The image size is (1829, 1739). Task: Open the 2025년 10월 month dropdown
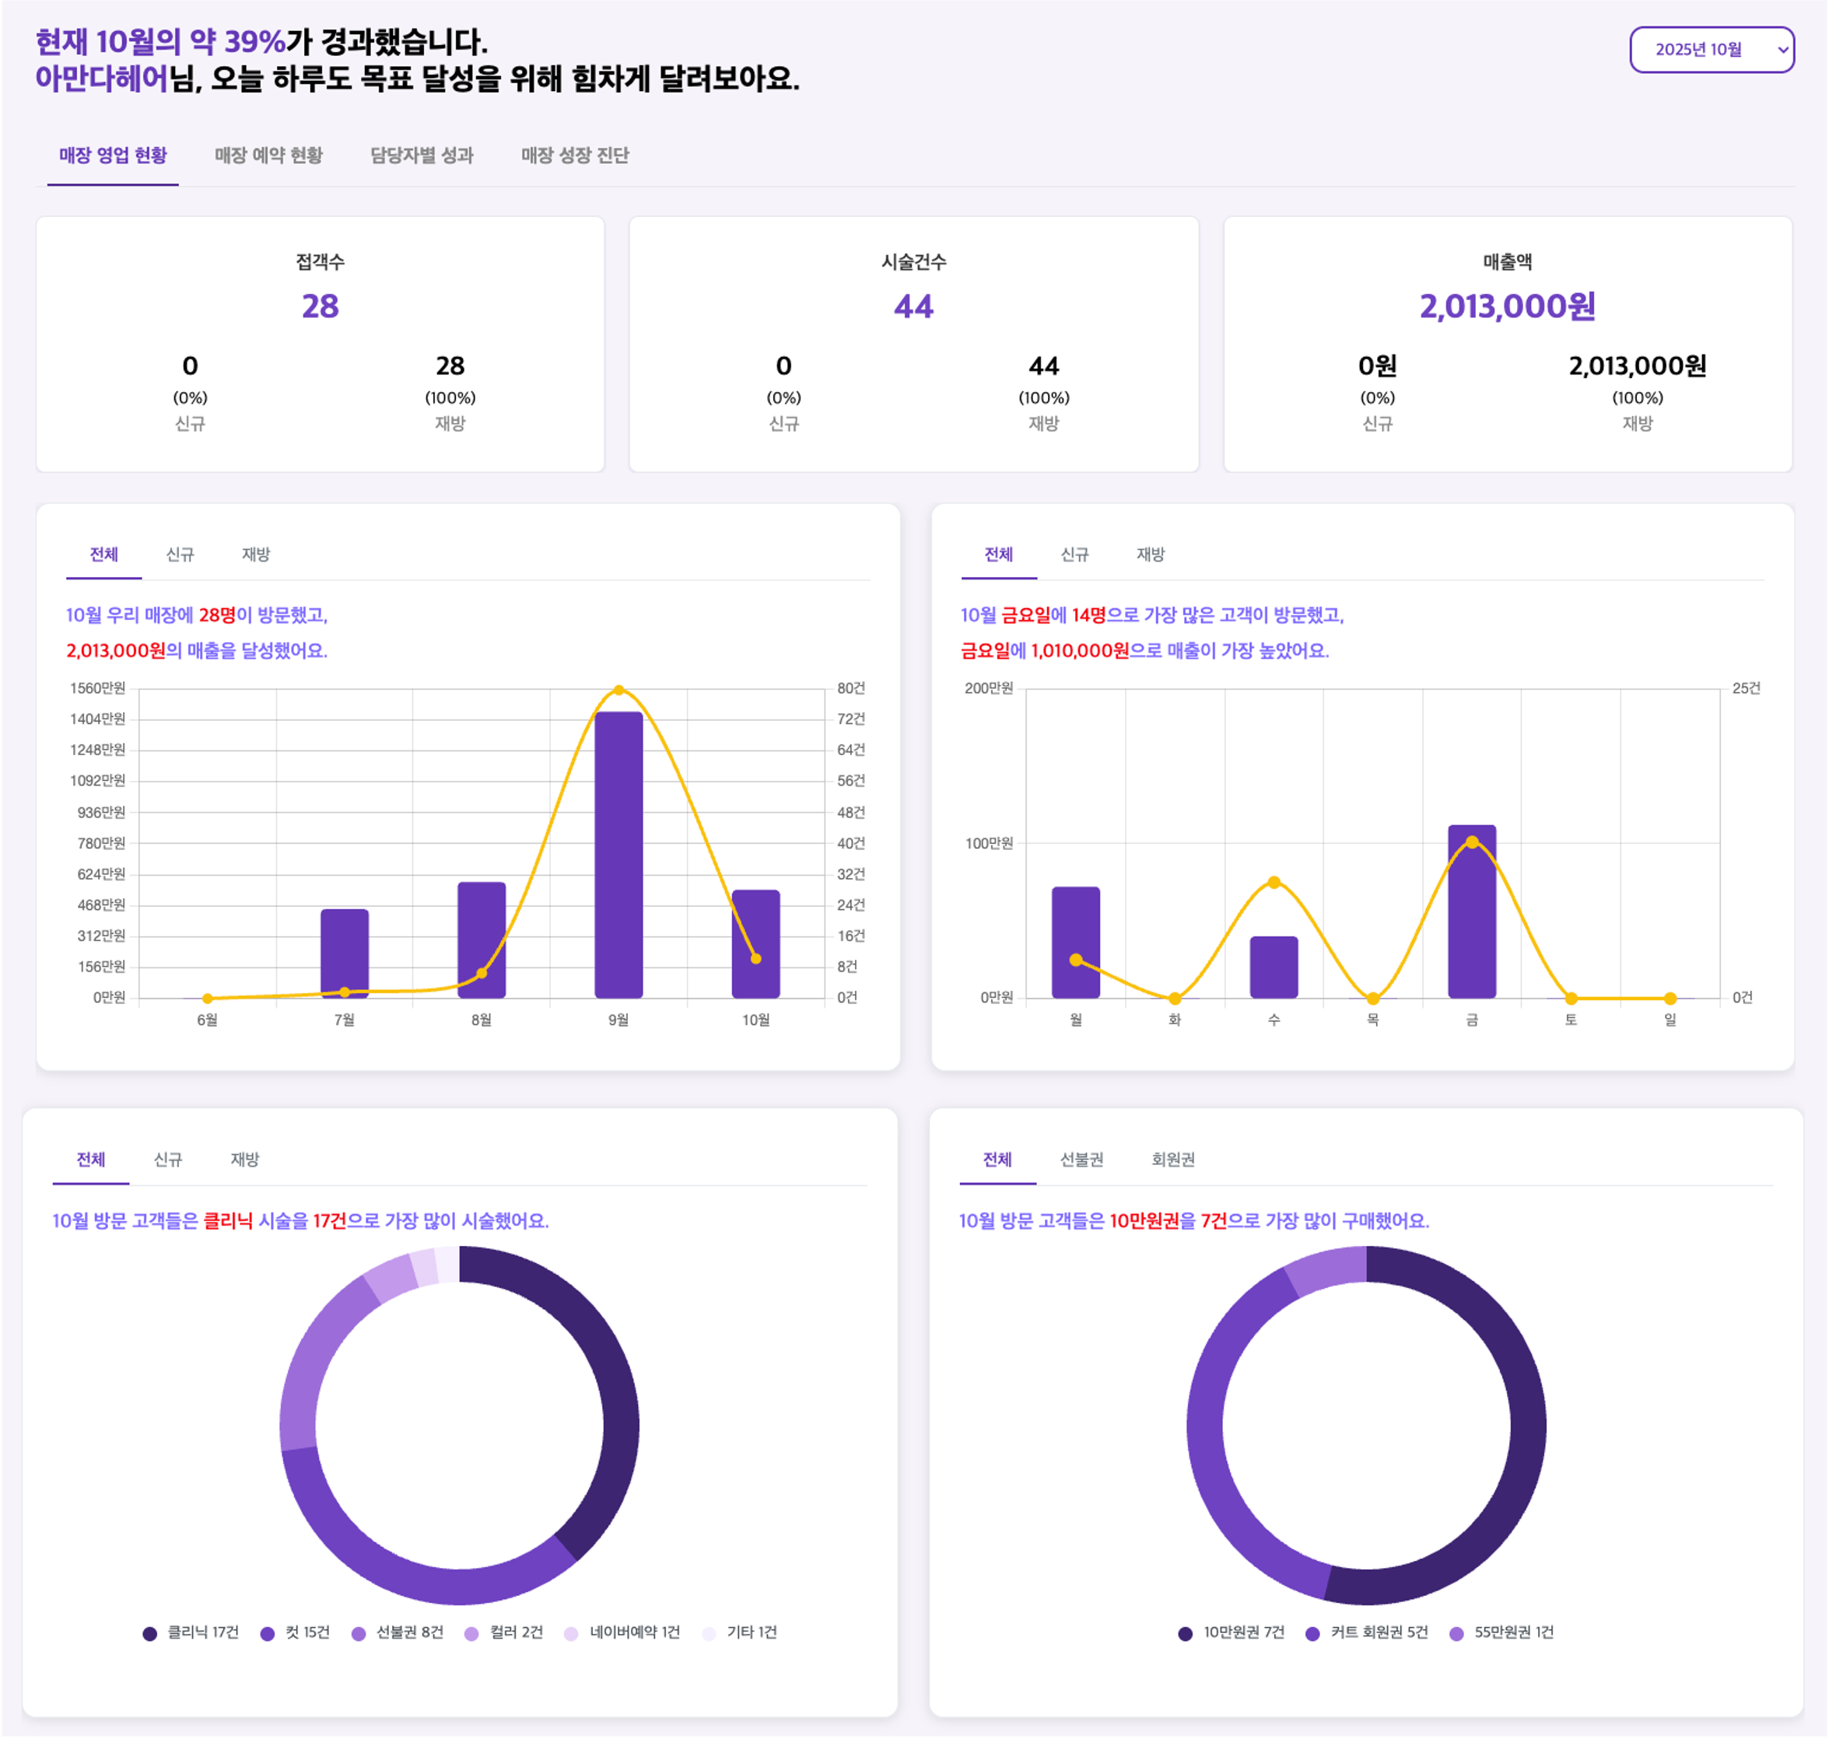tap(1712, 50)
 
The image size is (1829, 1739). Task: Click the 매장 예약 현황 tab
tap(269, 156)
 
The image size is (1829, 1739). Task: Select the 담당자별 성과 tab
tap(422, 156)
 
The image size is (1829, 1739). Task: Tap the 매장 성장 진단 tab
tap(575, 156)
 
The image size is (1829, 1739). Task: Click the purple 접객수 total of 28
tap(320, 306)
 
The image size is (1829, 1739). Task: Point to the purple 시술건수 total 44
tap(913, 306)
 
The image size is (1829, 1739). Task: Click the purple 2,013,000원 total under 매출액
tap(1508, 306)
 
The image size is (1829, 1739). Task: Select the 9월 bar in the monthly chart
tap(618, 853)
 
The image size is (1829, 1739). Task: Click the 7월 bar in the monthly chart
tap(345, 953)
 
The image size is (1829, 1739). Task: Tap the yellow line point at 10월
tap(755, 958)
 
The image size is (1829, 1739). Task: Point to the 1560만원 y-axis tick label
tap(97, 688)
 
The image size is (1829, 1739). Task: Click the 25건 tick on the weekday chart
tap(1746, 688)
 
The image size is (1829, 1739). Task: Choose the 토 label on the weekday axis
tap(1571, 1020)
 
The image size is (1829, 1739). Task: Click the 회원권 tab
tap(1172, 1160)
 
